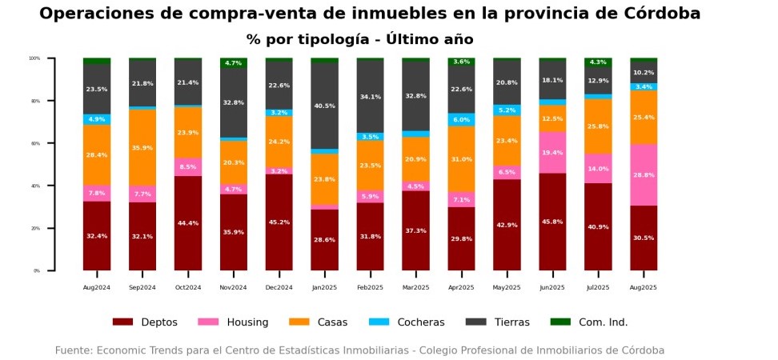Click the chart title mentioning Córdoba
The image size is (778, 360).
tap(370, 14)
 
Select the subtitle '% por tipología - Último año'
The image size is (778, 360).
tap(359, 39)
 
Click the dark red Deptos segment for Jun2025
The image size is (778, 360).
tap(552, 222)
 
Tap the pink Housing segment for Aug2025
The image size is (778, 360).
tap(644, 174)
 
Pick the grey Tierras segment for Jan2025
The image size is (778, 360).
tap(324, 106)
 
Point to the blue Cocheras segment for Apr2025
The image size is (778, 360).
tap(461, 119)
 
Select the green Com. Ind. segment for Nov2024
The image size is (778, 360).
tap(234, 62)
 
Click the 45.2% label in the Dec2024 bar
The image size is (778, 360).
tap(279, 222)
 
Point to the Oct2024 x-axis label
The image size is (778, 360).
tap(188, 286)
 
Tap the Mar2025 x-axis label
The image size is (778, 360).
tap(415, 286)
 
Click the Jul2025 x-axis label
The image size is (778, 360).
tap(598, 286)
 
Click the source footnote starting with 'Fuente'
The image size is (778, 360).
tap(359, 350)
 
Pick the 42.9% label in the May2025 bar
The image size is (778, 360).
tap(507, 226)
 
